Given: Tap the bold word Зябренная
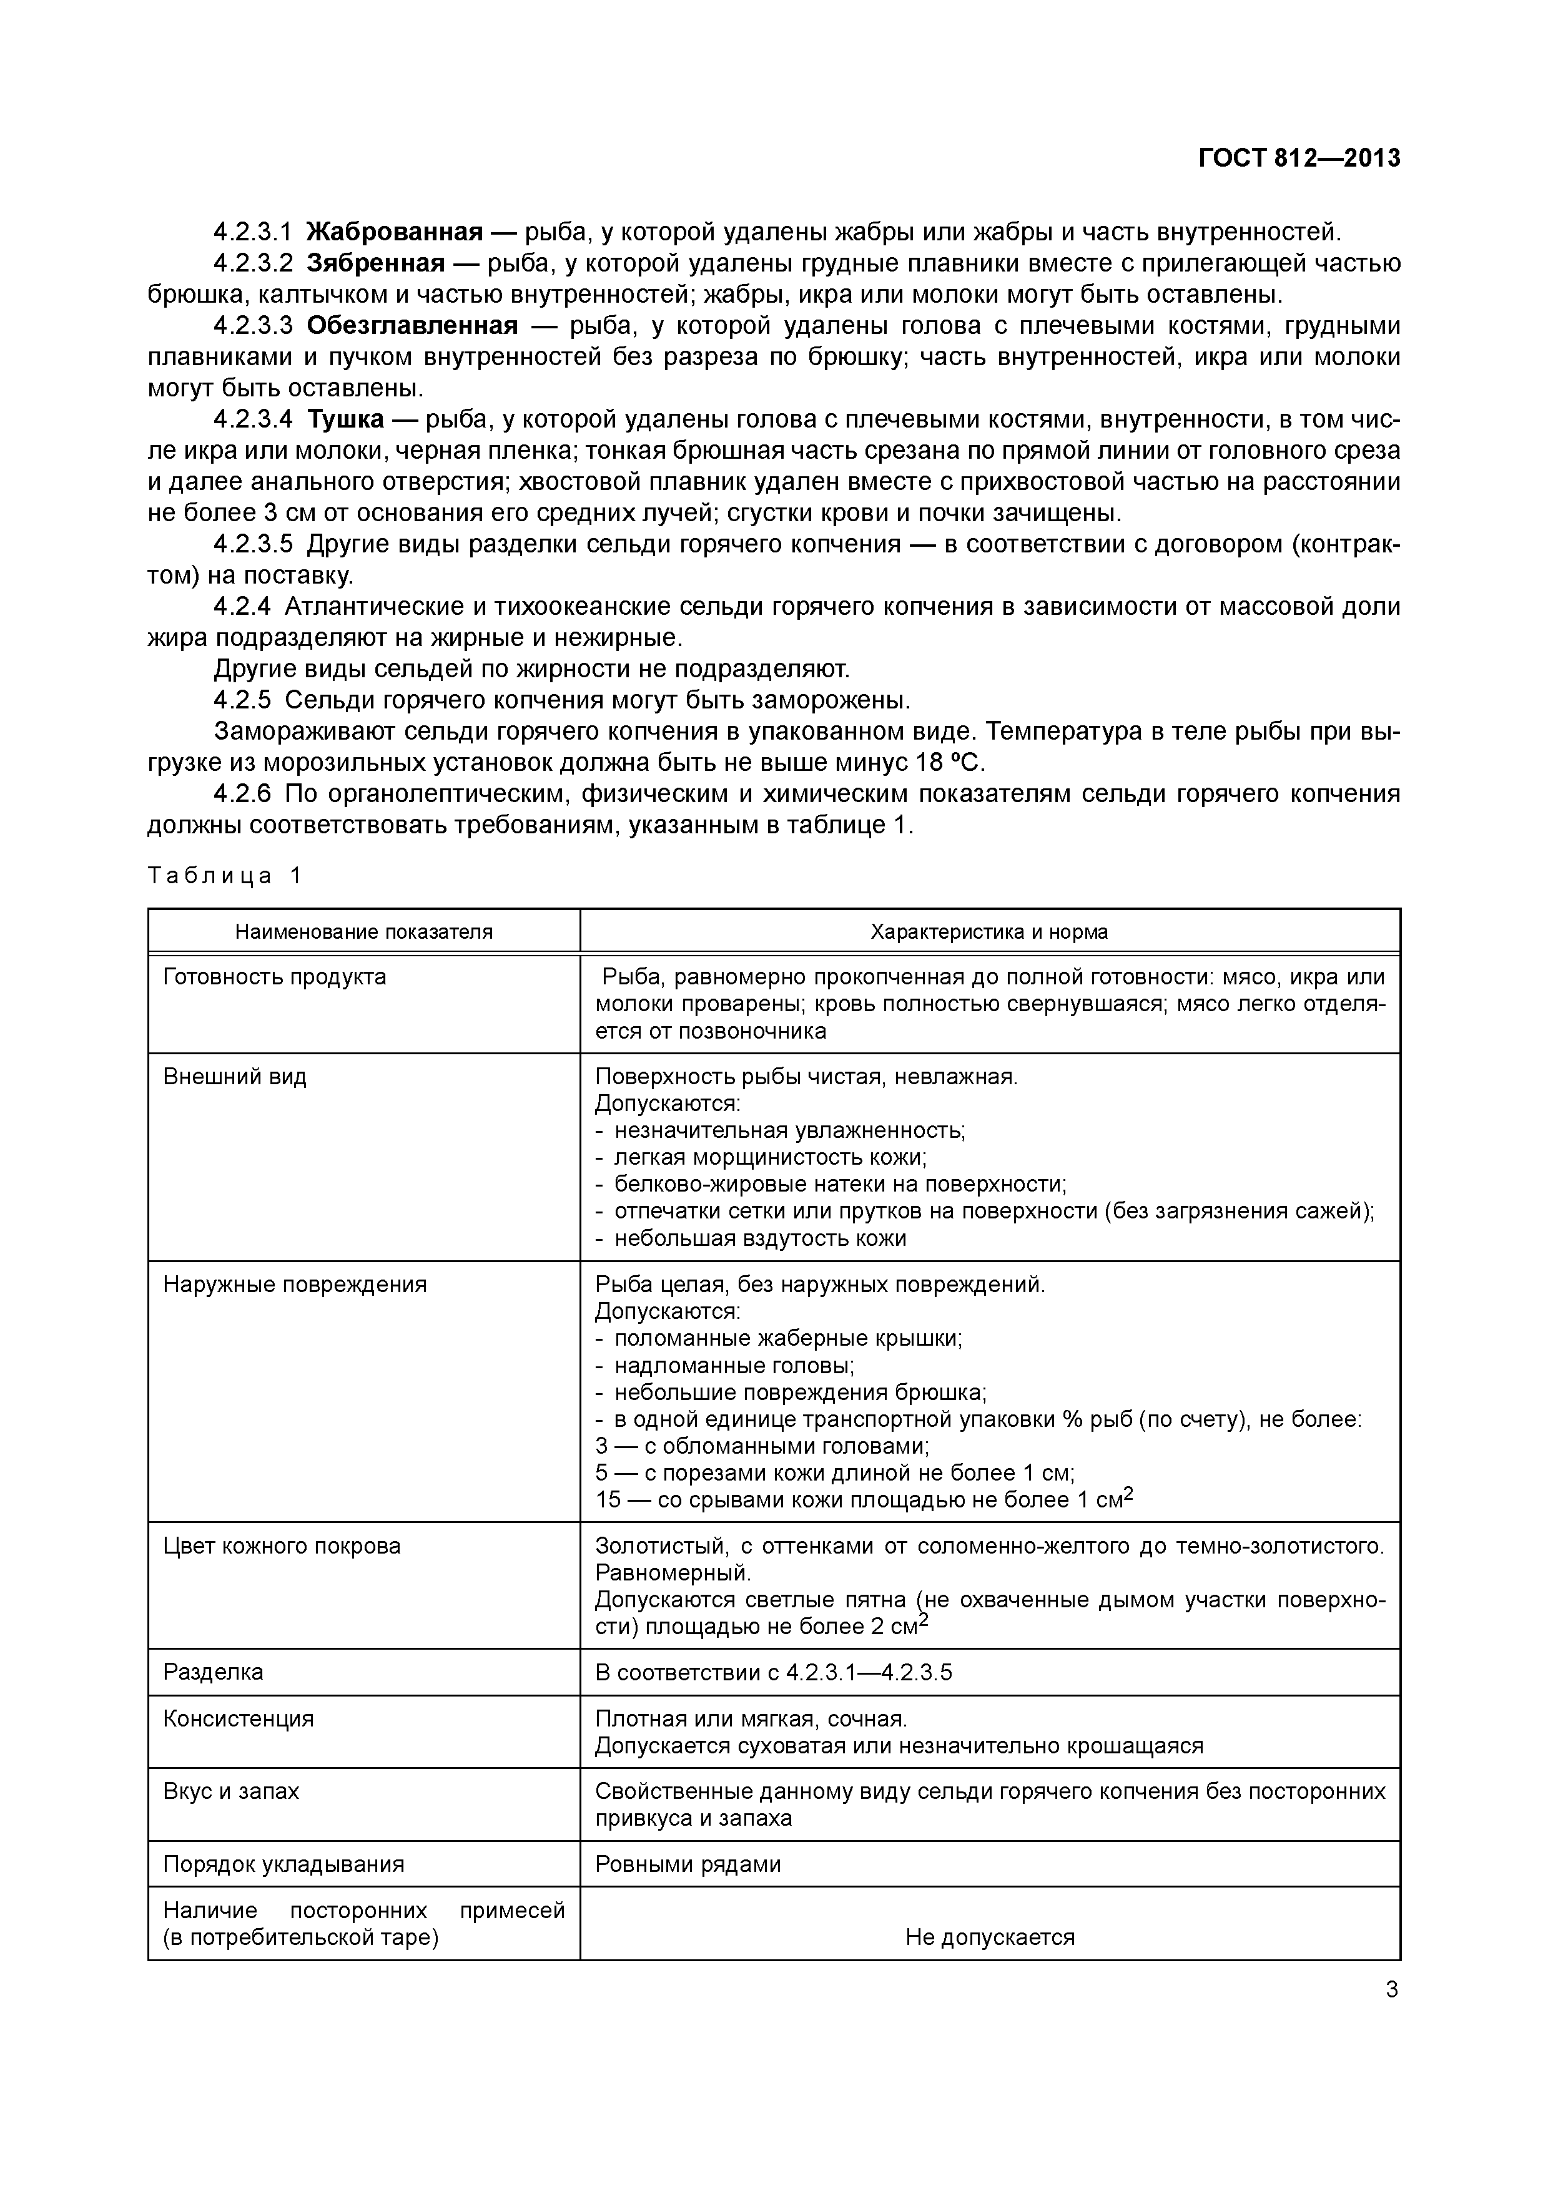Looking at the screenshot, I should [x=376, y=263].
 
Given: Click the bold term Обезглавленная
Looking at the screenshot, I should [x=412, y=326].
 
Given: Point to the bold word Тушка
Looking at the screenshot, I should [x=345, y=419].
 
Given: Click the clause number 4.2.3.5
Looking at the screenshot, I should [x=253, y=544].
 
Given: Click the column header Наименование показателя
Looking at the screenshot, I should [x=363, y=931].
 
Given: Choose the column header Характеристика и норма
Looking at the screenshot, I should [x=989, y=931].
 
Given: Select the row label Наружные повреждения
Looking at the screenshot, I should [x=295, y=1284].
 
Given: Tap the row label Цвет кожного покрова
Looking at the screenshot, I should [x=282, y=1545].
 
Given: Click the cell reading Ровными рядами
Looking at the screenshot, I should [x=688, y=1864].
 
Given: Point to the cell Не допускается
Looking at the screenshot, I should [x=989, y=1937].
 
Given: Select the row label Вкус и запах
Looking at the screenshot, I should [x=231, y=1791].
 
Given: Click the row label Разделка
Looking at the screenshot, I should [x=213, y=1672].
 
